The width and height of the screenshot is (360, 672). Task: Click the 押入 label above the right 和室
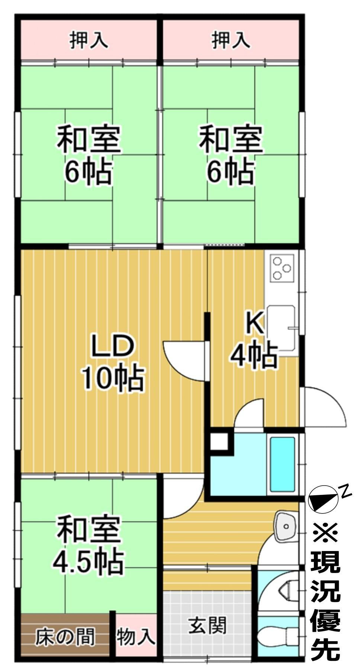[x=231, y=40]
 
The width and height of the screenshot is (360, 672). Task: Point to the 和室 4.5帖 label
[x=89, y=544]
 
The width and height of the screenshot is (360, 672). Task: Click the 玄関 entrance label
[x=207, y=625]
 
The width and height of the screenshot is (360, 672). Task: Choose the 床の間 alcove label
[x=65, y=637]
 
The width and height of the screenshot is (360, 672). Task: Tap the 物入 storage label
[x=136, y=637]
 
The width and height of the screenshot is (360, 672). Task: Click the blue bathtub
[x=283, y=464]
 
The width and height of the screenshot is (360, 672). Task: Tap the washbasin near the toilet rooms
[x=286, y=526]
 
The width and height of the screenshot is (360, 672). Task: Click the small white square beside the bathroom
[x=219, y=441]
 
